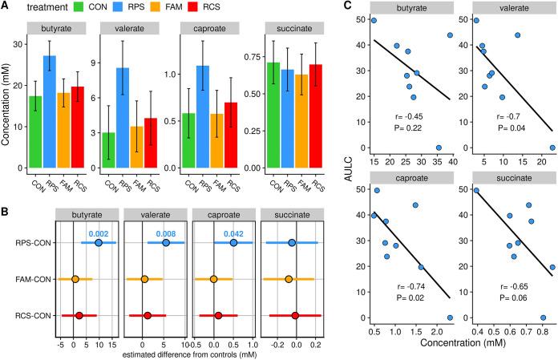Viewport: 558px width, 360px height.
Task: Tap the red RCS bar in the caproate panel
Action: tap(230, 136)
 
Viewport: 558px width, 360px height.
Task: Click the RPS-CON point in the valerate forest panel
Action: tap(165, 242)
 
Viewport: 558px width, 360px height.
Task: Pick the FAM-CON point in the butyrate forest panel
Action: tap(75, 279)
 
